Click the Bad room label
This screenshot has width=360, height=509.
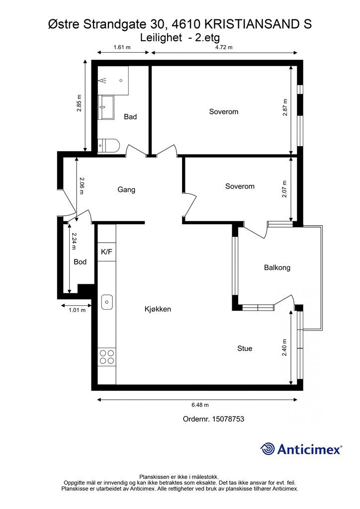(130, 116)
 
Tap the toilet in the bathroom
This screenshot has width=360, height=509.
(108, 146)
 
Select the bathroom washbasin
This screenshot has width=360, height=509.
(106, 107)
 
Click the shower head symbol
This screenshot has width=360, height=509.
(103, 80)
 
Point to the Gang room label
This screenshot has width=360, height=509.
(126, 189)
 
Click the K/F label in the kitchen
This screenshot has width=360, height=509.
(106, 252)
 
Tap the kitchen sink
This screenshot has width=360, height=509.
(107, 302)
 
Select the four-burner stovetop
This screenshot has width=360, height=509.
(107, 356)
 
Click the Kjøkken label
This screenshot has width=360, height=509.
(158, 309)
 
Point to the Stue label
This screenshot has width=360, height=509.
(245, 348)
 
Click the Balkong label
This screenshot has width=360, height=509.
(277, 268)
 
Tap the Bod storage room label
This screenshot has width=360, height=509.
(80, 261)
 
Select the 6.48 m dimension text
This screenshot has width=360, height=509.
(200, 405)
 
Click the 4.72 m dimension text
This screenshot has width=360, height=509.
(224, 47)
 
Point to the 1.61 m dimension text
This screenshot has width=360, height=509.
(122, 47)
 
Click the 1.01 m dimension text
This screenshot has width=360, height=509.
(77, 310)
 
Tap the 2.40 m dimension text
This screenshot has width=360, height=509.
(284, 347)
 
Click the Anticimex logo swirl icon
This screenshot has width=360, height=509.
(268, 449)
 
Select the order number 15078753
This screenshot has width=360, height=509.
(228, 419)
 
